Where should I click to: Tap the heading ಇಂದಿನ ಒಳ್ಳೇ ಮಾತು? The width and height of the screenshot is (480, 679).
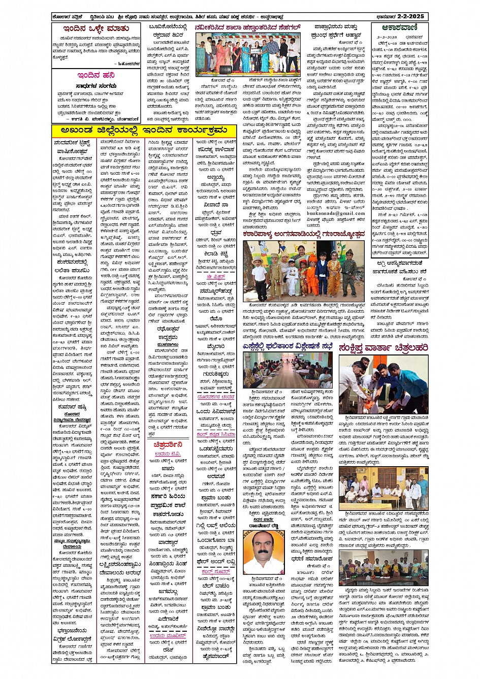point(95,28)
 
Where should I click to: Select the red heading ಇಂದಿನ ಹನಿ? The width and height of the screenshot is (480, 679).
point(96,75)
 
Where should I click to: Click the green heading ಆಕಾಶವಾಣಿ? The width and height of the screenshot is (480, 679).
point(400,28)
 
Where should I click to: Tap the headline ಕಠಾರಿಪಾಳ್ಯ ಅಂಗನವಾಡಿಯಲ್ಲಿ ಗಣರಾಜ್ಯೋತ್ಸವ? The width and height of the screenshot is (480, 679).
point(304,234)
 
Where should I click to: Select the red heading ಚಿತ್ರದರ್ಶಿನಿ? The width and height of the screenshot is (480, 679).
point(168,444)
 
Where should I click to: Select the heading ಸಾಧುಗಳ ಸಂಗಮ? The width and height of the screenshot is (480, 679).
point(94,86)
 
